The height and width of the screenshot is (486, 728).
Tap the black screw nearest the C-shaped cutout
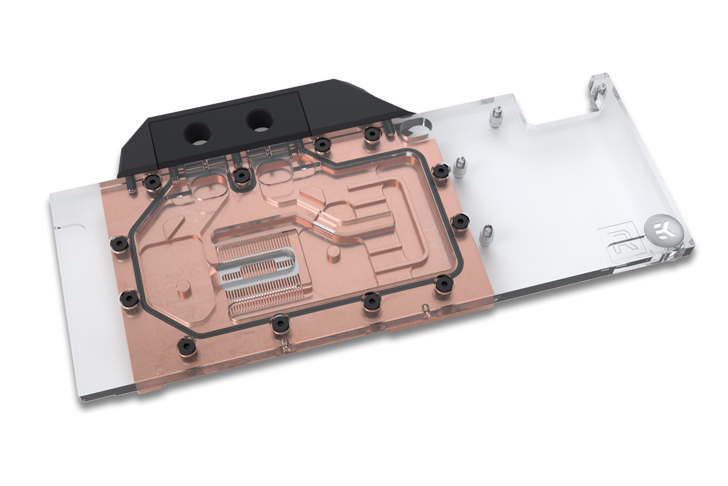tap(371, 133)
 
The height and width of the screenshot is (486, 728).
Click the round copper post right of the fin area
tap(333, 252)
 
